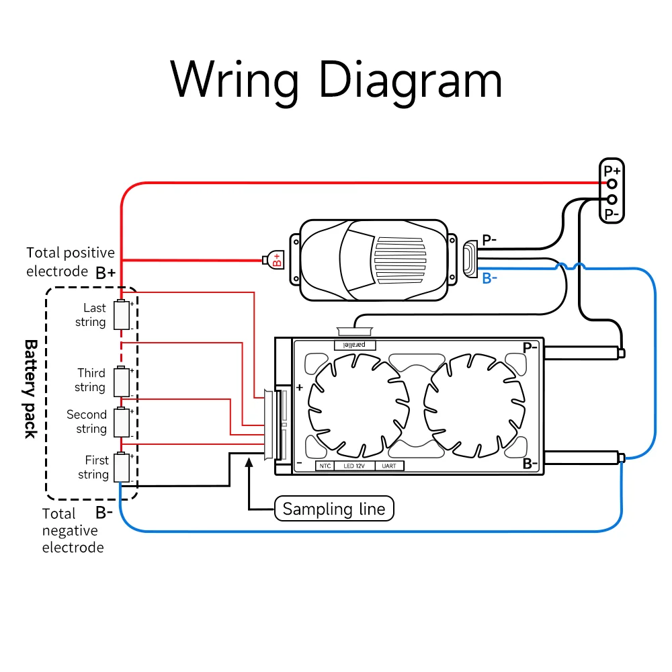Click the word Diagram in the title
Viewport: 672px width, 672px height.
tap(410, 81)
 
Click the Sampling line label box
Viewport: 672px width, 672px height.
tap(334, 509)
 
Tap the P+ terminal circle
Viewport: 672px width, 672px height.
tap(612, 184)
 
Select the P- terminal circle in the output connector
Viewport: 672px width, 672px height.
tap(612, 200)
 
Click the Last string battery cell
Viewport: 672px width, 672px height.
tap(122, 314)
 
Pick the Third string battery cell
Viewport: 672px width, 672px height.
tap(122, 381)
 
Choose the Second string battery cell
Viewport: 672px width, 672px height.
tap(122, 422)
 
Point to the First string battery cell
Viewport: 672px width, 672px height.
tap(122, 467)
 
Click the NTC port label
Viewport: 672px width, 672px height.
tap(325, 466)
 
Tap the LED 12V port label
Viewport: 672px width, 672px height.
tap(354, 466)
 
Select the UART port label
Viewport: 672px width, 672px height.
tap(389, 466)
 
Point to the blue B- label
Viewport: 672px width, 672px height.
tap(489, 279)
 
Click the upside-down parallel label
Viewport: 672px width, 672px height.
tap(355, 345)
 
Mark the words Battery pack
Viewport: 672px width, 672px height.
tap(30, 389)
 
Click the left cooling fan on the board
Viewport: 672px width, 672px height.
tap(358, 406)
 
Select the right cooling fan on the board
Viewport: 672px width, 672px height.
tap(474, 406)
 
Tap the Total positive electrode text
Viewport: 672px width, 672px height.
tap(71, 262)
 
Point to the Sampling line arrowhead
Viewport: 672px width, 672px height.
tap(249, 462)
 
